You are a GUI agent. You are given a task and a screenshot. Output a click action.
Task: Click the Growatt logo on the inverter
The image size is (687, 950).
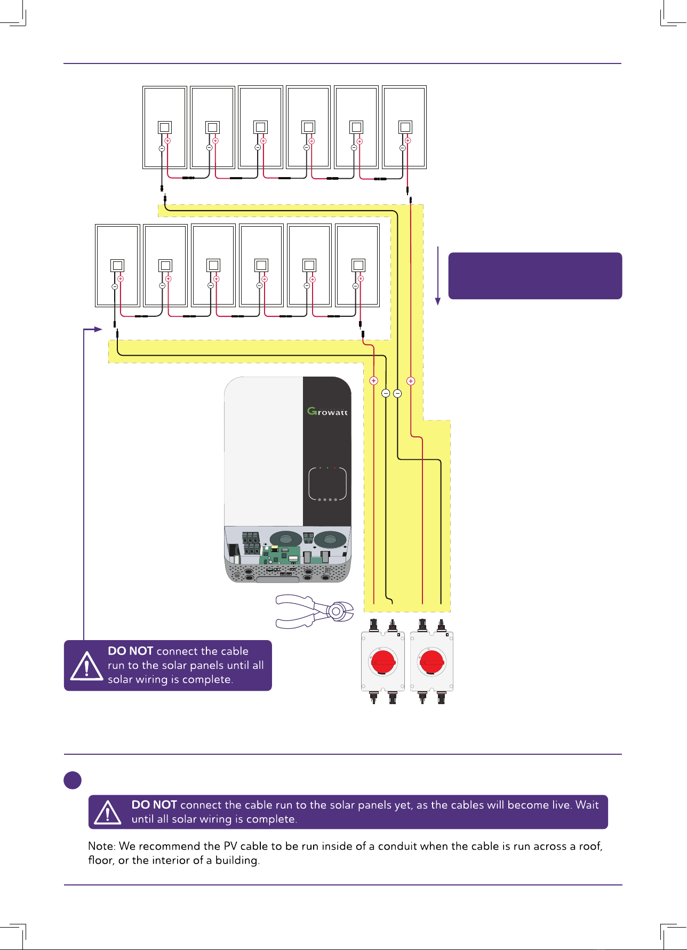[x=327, y=411]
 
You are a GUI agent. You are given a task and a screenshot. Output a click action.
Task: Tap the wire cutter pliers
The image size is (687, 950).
[x=314, y=611]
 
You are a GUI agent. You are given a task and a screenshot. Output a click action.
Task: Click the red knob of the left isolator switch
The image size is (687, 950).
[x=383, y=662]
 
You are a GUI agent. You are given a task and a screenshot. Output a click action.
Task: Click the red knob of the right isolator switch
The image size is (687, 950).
[x=432, y=662]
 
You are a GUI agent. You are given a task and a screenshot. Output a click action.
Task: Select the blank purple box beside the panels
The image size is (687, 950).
[x=535, y=276]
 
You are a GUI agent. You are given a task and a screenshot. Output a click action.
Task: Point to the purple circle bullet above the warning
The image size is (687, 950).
[x=73, y=780]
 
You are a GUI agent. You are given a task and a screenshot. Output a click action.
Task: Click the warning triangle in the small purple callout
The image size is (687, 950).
[x=86, y=666]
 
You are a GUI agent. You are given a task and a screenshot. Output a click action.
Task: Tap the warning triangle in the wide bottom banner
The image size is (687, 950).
[x=108, y=812]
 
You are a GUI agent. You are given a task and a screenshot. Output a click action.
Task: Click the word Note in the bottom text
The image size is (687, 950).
[x=101, y=846]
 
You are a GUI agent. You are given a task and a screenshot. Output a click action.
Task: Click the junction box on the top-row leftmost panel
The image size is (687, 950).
[x=165, y=127]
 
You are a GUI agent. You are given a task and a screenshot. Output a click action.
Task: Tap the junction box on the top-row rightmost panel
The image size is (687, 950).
[x=405, y=127]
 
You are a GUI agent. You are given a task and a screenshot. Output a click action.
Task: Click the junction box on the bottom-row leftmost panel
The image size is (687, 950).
[x=117, y=266]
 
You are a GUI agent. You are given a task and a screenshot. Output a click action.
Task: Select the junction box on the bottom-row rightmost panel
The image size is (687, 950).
[x=358, y=266]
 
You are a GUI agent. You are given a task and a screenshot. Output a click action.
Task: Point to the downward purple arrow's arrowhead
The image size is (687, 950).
[x=438, y=301]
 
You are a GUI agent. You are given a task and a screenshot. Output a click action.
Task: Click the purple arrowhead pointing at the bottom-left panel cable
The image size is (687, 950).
[x=98, y=330]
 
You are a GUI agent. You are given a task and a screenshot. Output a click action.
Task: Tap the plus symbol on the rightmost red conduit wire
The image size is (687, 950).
[x=411, y=381]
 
